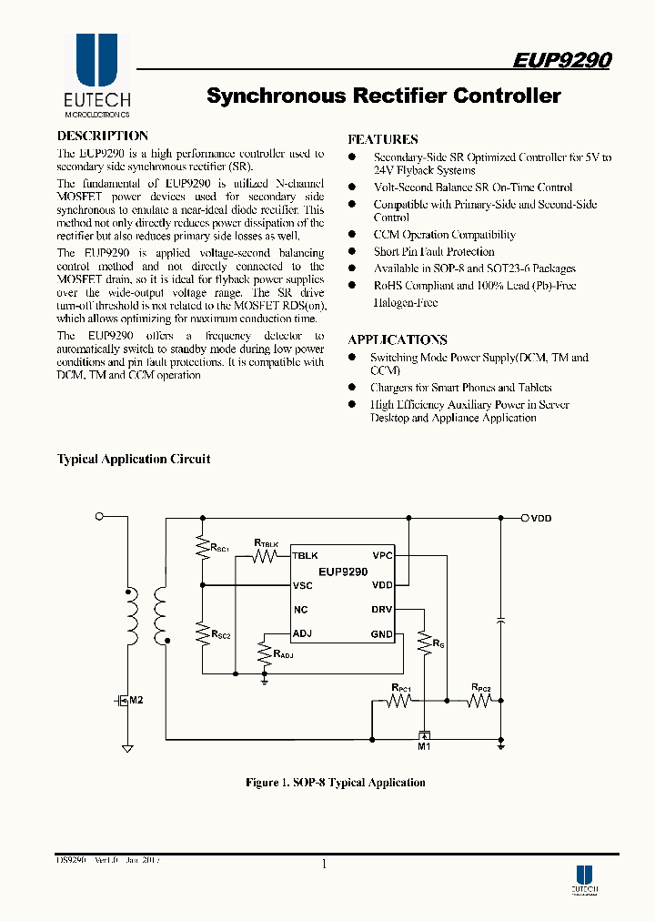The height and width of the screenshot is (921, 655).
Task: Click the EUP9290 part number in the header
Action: pyautogui.click(x=561, y=60)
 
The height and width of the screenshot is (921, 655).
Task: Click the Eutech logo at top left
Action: pyautogui.click(x=96, y=77)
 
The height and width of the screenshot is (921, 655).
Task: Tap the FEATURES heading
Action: pyautogui.click(x=383, y=139)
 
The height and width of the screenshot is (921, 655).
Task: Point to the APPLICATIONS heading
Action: pyautogui.click(x=398, y=339)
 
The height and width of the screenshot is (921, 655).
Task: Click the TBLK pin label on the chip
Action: pyautogui.click(x=305, y=554)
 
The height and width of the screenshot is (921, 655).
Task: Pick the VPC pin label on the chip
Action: pyautogui.click(x=382, y=554)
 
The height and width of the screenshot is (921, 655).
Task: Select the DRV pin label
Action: pyautogui.click(x=382, y=610)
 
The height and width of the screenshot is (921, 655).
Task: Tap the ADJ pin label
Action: pyautogui.click(x=303, y=633)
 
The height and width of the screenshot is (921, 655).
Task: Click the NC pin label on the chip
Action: pyautogui.click(x=300, y=610)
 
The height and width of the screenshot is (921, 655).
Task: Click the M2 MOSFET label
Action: pyautogui.click(x=136, y=700)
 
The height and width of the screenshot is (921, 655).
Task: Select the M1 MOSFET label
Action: pyautogui.click(x=423, y=747)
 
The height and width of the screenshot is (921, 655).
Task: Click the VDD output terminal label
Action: pyautogui.click(x=541, y=518)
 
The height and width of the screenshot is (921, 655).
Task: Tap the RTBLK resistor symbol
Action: pyautogui.click(x=265, y=555)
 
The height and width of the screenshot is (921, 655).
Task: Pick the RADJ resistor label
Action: pyautogui.click(x=282, y=654)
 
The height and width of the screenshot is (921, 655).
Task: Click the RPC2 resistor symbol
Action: pyautogui.click(x=479, y=701)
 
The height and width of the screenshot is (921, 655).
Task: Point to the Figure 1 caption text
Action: pyautogui.click(x=336, y=783)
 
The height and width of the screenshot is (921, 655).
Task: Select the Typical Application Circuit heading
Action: pyautogui.click(x=134, y=459)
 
